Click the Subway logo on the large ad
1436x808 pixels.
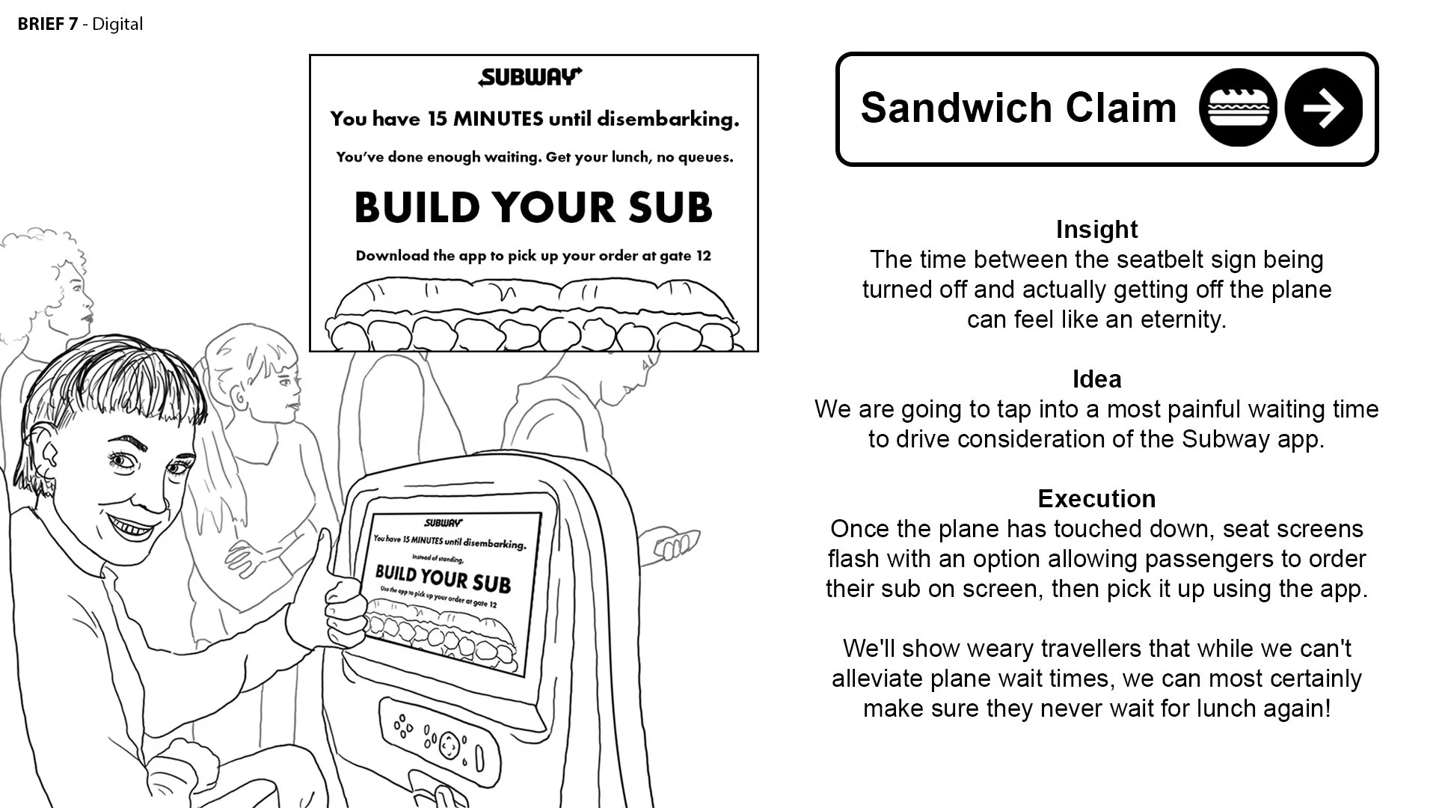point(530,77)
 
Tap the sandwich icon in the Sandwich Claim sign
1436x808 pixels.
point(1237,108)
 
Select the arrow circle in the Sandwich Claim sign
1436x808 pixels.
point(1323,108)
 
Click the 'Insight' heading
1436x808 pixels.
point(1096,230)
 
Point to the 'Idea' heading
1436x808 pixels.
point(1096,379)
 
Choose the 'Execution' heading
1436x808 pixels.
point(1096,499)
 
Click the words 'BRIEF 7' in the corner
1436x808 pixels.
point(47,24)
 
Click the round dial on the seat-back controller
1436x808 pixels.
point(449,744)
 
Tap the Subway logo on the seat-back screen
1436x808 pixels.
point(444,523)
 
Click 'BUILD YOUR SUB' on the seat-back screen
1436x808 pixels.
point(443,578)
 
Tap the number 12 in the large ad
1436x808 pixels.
point(703,256)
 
